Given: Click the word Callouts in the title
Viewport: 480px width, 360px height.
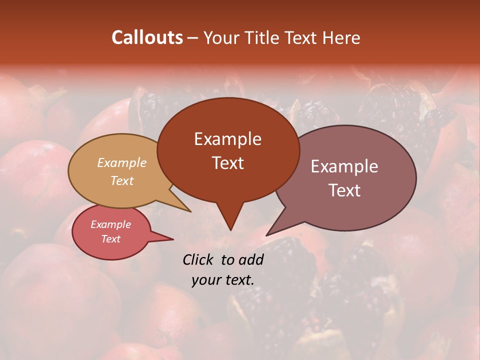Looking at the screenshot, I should point(147,37).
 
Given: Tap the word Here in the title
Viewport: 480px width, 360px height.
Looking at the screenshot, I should point(340,37).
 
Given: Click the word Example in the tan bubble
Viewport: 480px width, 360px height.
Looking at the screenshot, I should point(122,162).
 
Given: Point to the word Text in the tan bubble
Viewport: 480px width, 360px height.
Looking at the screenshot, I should point(122,180).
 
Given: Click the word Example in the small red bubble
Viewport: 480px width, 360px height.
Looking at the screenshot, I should point(110,224).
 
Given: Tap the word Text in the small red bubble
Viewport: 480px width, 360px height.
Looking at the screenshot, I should point(110,239).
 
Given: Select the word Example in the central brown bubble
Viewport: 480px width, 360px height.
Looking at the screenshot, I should point(227,138).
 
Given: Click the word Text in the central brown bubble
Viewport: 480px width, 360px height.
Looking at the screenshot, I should point(227,162).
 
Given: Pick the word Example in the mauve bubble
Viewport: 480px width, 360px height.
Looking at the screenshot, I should point(344,166).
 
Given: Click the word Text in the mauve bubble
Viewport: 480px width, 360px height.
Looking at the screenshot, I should point(344,190).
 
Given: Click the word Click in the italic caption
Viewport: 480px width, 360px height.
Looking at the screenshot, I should point(199,259).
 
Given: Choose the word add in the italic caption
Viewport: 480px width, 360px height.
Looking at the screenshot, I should point(251,259).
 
